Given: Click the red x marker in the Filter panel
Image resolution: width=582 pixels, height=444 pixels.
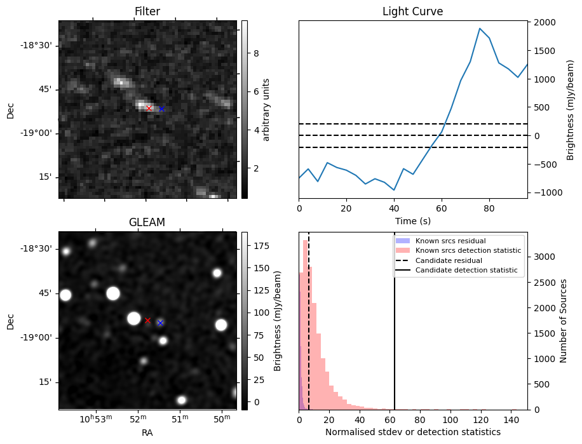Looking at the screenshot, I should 149,109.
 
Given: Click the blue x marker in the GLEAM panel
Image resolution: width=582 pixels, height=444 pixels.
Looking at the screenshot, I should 160,323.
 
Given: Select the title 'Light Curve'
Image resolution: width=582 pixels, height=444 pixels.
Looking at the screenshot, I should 412,12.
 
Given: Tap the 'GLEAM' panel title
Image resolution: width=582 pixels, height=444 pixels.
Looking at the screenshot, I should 147,222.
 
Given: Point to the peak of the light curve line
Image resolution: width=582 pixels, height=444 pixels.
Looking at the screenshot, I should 480,29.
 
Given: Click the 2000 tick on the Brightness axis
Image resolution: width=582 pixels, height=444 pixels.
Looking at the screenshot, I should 546,23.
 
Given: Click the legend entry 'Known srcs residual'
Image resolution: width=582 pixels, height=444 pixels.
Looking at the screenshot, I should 449,241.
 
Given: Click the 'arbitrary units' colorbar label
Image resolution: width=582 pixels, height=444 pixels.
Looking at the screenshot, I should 266,109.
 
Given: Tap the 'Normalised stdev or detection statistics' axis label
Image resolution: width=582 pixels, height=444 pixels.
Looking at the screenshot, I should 412,432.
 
